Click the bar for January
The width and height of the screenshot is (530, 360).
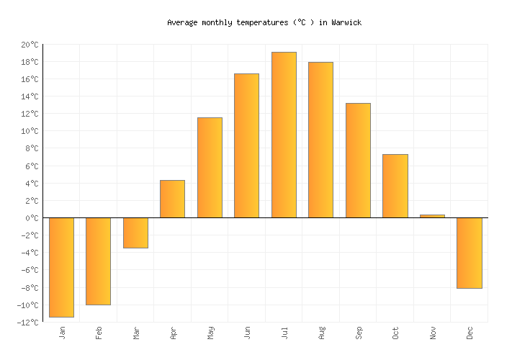[61, 267]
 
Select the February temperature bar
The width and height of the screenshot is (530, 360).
[98, 261]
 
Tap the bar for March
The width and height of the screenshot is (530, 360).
[135, 233]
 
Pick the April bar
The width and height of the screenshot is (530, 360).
[172, 199]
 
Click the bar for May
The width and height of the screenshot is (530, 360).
[210, 168]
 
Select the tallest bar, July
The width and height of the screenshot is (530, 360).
[284, 135]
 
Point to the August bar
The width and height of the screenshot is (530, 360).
[320, 140]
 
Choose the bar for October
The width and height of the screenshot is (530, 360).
[395, 186]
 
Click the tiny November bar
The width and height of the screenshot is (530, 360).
[432, 216]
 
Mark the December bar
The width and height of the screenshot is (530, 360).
[469, 253]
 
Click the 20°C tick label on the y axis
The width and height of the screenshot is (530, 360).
[30, 45]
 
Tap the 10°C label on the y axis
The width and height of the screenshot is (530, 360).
[30, 131]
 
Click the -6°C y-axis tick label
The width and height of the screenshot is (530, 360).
[29, 271]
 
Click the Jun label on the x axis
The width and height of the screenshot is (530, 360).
[247, 333]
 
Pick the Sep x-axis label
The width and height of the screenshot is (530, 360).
[358, 333]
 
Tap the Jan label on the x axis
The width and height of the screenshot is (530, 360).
[62, 333]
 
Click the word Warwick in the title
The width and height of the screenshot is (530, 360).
[346, 22]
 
